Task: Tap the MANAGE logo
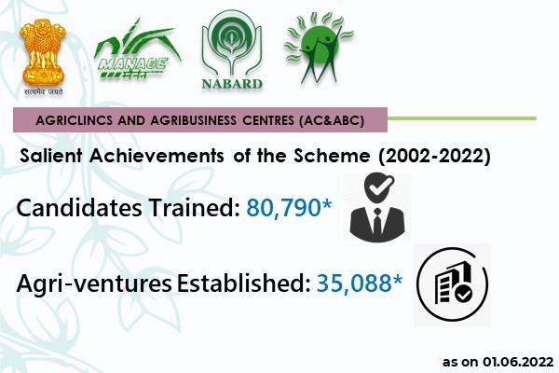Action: tap(138, 50)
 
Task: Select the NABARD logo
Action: tap(232, 49)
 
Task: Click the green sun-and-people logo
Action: tap(319, 48)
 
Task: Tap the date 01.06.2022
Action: tap(518, 362)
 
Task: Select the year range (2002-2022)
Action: tap(434, 156)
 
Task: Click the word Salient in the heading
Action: tap(51, 156)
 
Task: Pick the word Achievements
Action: tap(157, 156)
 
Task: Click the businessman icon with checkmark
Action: tap(377, 207)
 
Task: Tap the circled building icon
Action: tap(452, 284)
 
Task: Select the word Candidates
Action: tap(79, 208)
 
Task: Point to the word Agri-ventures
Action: tap(94, 284)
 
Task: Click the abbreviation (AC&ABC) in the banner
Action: tap(332, 120)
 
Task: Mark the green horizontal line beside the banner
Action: tap(462, 118)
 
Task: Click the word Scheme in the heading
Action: tap(332, 156)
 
